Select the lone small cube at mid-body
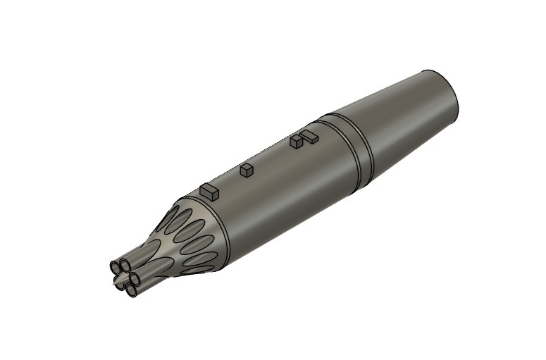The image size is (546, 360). [x=247, y=170]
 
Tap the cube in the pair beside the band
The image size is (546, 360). [x=296, y=142]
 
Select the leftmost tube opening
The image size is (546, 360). [x=115, y=268]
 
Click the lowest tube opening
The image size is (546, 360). [x=131, y=289]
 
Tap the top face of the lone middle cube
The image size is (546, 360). [x=247, y=168]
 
